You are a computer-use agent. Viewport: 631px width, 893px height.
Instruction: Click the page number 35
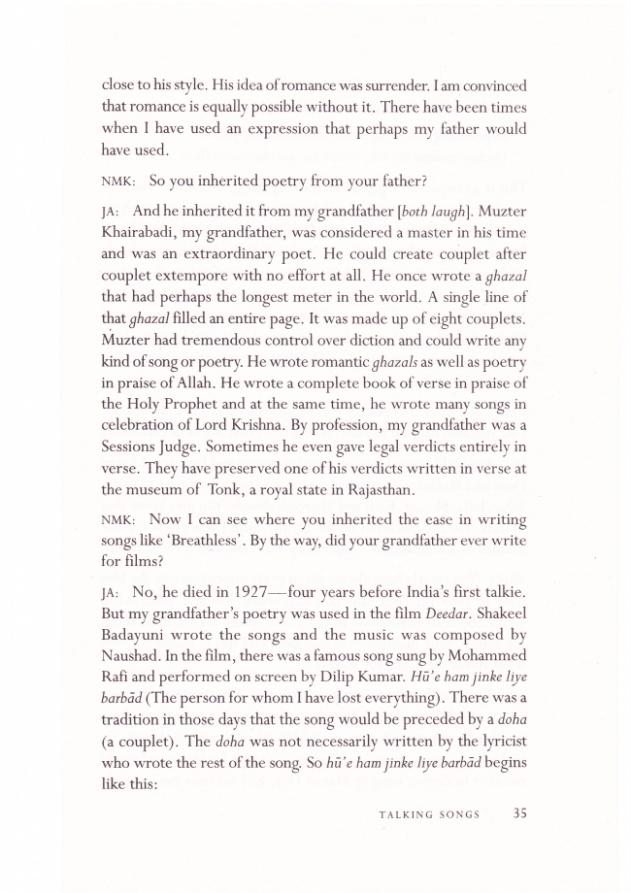[519, 813]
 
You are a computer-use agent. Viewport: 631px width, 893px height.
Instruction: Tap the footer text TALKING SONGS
[429, 815]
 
